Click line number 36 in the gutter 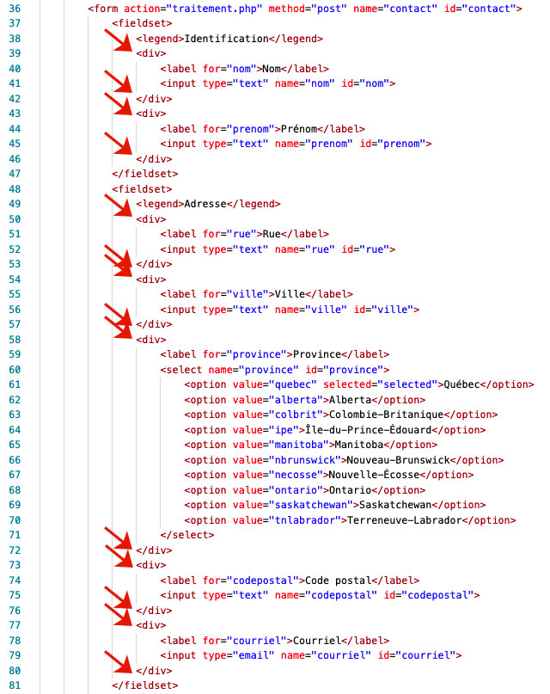pos(15,9)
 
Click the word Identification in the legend pos(226,39)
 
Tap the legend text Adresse pos(205,204)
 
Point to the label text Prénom pos(299,129)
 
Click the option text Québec pos(461,384)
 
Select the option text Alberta pos(350,400)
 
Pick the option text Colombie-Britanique pos(387,415)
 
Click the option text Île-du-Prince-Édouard pos(369,429)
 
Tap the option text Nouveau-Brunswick pos(399,460)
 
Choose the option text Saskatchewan pos(395,505)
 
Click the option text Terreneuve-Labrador pos(405,520)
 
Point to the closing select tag pos(187,535)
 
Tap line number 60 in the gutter pos(15,370)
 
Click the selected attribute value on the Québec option pos(407,384)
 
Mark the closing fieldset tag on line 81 pos(145,685)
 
